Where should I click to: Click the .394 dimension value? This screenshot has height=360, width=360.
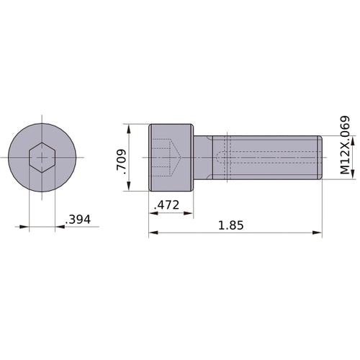click(78, 220)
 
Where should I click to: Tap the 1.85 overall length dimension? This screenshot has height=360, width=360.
click(230, 225)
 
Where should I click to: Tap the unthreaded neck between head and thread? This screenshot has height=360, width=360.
click(203, 157)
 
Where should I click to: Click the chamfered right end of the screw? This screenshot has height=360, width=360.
click(319, 157)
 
